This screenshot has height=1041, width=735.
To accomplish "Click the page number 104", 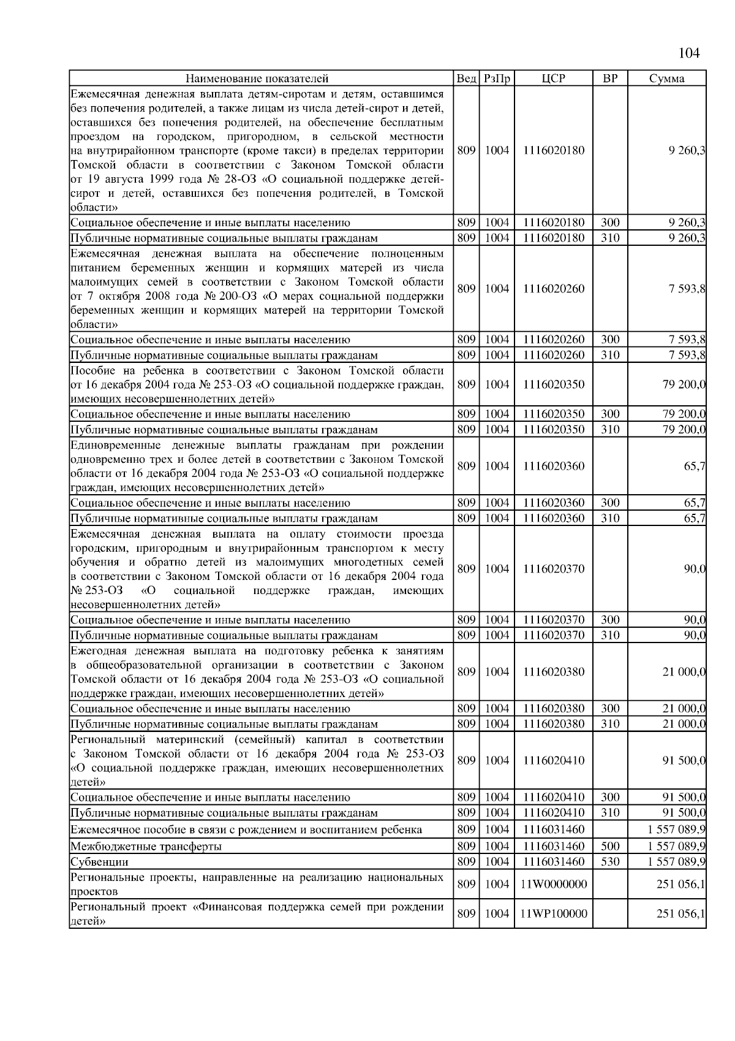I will point(689,53).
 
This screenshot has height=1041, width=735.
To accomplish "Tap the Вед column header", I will point(466,78).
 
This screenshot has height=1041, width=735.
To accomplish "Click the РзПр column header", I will point(497,78).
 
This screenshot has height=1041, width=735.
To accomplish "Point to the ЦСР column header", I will point(554,78).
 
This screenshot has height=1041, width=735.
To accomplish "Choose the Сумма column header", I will point(667,78).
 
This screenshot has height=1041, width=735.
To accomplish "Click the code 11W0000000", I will point(554,884).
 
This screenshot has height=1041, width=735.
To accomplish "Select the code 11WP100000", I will point(554,913).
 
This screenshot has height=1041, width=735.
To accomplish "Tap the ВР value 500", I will point(610,846).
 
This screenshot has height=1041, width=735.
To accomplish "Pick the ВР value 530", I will point(610,861).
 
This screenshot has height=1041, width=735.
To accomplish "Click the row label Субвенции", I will point(99,862).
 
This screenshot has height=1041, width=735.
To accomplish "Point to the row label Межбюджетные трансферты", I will point(146,847).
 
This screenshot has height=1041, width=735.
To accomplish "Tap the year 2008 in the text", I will point(148,296).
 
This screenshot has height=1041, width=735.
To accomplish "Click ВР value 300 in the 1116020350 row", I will point(610,414).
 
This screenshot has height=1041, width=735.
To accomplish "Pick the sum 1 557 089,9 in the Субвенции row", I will point(676,861).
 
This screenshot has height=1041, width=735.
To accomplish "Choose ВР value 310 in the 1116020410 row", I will point(610,812).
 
